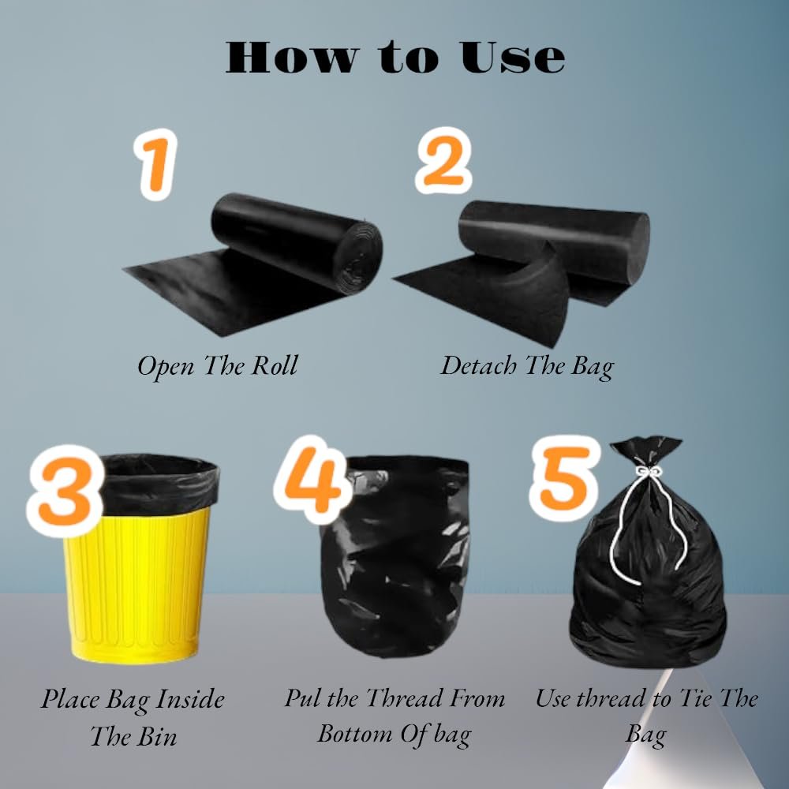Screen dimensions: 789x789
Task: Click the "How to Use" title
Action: tap(395, 58)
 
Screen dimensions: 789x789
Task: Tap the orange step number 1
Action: tap(156, 165)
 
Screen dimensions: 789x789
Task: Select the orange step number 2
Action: tap(443, 160)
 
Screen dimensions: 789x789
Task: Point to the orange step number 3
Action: tap(65, 491)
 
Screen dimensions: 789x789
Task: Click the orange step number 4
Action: tap(312, 481)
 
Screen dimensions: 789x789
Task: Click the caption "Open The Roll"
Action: tap(218, 366)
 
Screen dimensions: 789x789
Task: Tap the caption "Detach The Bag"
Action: tap(527, 366)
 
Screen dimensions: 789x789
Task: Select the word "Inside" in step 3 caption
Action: tap(190, 699)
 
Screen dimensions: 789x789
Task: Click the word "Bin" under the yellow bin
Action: tap(157, 736)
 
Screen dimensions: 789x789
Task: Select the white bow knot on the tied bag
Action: tap(648, 472)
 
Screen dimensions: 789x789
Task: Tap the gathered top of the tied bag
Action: tap(645, 452)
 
